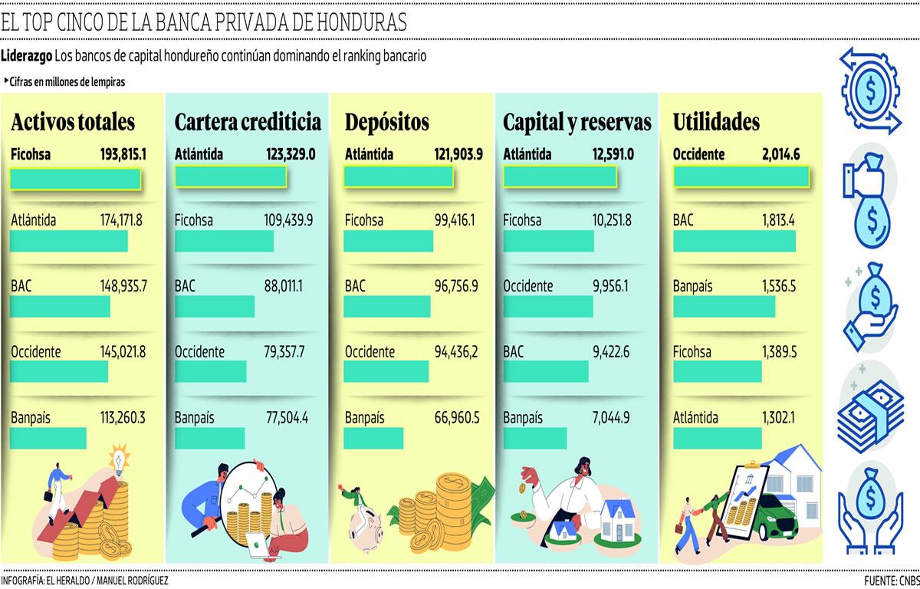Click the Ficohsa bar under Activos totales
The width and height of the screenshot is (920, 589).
75,178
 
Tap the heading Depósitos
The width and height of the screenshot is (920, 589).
386,122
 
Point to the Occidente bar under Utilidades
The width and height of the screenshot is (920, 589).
741,177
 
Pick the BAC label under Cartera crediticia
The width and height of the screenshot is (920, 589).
185,286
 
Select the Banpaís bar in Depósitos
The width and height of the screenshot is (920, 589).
373,438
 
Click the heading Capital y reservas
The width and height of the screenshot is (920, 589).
577,122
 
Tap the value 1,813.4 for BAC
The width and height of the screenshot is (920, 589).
778,221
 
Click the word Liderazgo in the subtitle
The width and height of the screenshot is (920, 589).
26,56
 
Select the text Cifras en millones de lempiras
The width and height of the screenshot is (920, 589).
67,81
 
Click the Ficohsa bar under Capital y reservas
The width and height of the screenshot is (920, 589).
548,241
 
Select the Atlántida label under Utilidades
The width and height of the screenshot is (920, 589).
695,418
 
